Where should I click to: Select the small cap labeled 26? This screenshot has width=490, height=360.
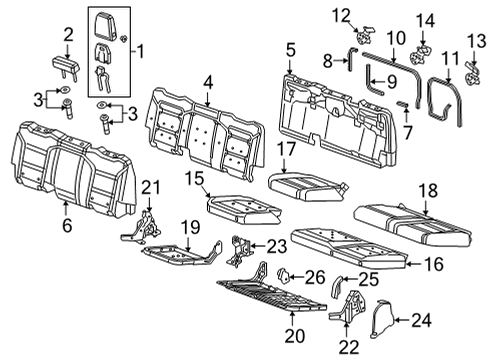point(283,274)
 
